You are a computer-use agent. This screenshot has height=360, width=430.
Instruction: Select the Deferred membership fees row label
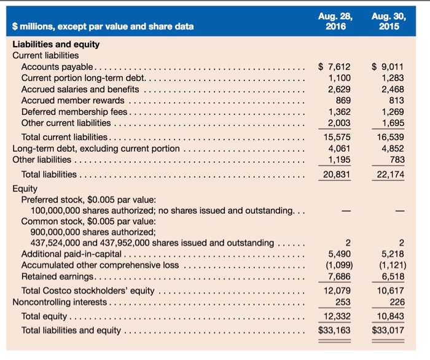tap(74, 112)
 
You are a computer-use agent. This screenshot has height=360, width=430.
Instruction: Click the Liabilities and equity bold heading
tap(56, 44)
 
